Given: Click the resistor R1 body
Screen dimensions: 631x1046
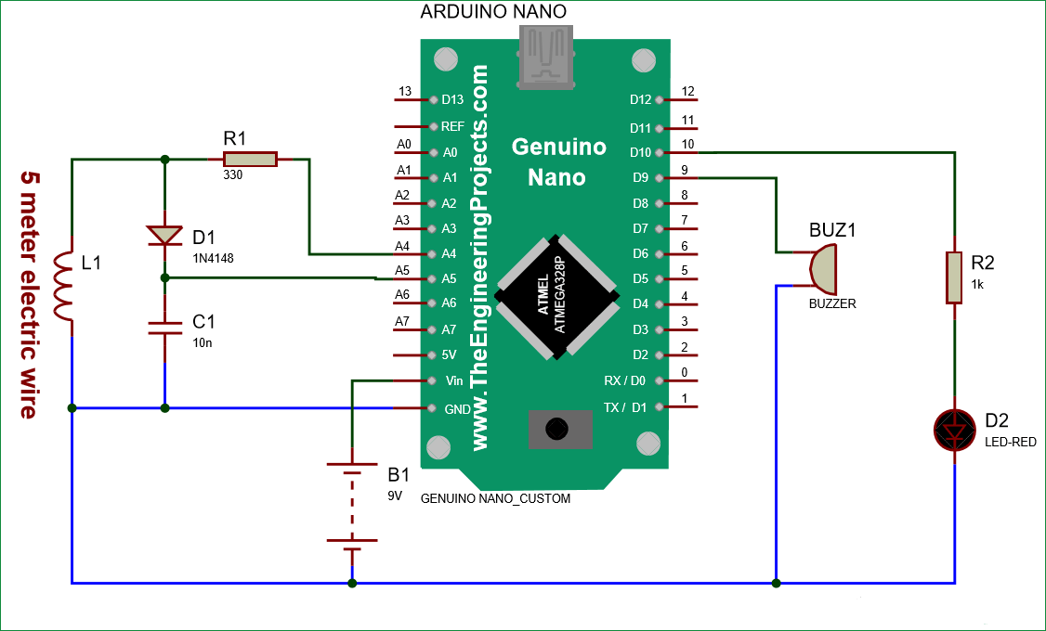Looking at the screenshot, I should (249, 160).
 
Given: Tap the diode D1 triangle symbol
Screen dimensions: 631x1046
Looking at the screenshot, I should (164, 235).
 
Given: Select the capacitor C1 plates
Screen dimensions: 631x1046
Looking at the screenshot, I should (164, 327).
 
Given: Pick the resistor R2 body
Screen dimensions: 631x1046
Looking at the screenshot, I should (955, 277).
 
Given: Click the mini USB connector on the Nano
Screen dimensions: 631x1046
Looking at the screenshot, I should (545, 56).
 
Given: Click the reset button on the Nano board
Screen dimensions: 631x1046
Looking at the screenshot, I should (556, 429).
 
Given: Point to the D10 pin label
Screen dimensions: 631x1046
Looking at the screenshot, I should (641, 152).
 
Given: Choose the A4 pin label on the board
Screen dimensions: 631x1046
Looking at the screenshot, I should (450, 253).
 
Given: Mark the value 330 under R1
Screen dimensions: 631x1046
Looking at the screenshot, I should (232, 174).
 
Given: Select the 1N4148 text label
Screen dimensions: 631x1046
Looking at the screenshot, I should (215, 257).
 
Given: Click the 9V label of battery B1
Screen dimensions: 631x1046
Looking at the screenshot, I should (395, 496).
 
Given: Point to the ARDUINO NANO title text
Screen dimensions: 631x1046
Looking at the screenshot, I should (493, 12).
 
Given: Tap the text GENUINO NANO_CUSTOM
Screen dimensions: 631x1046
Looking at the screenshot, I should (495, 499).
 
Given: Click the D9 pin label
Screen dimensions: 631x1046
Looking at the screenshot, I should (641, 177).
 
